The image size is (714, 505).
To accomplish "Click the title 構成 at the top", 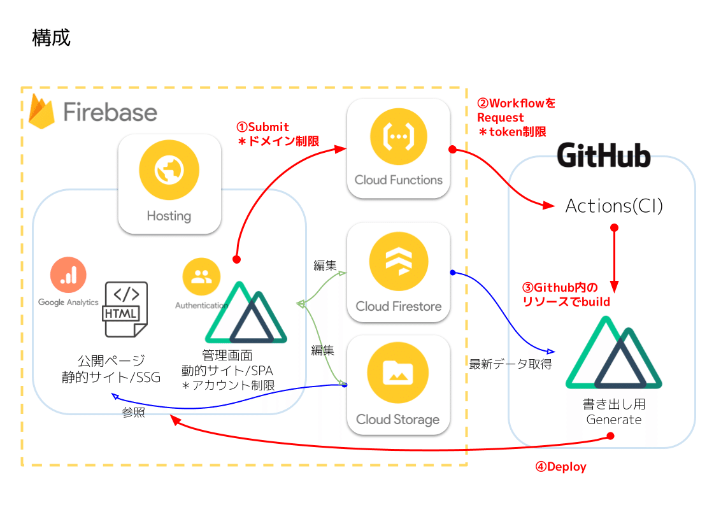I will pos(51,38).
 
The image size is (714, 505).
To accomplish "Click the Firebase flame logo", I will pos(43,112).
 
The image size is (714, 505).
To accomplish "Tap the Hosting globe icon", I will pos(169,170).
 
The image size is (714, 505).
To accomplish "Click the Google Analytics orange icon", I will pos(68,274).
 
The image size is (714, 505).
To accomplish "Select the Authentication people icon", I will pos(201,276).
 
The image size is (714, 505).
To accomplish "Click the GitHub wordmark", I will pos(603,155).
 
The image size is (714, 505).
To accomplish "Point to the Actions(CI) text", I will pos(614,206).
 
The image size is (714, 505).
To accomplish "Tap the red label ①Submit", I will pos(264,127).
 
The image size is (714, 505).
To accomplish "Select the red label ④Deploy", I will pos(560,467).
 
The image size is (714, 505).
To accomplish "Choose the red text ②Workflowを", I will pos(517,103).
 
